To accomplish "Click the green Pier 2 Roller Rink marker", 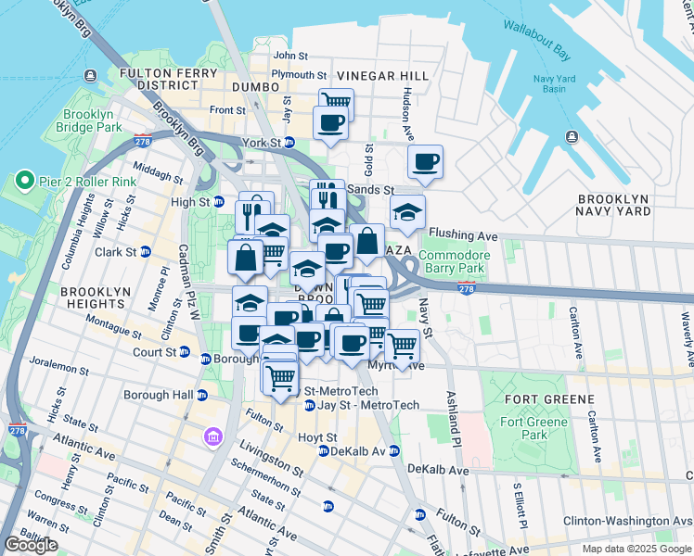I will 23,181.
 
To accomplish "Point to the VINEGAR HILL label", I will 382,75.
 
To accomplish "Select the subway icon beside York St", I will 289,143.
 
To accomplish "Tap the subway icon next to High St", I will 218,202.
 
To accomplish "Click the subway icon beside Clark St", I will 145,251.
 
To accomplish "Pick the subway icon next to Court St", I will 184,352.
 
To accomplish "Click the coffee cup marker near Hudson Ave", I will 425,162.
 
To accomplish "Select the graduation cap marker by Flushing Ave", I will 407,212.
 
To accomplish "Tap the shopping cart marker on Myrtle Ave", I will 401,345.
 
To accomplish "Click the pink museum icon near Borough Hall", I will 213,436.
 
